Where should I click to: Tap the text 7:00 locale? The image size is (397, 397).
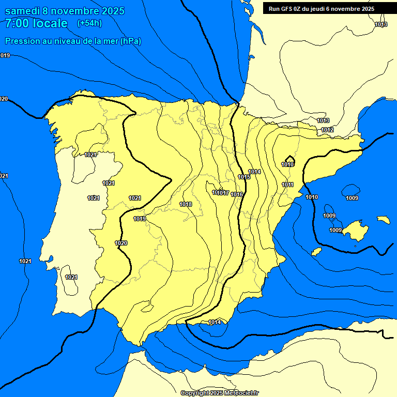36,23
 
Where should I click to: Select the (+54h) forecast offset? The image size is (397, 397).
89,23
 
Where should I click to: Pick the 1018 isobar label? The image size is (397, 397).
186,204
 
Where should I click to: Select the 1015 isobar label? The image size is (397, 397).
244,177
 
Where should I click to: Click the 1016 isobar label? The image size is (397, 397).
237,194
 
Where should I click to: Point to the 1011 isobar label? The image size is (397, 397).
288,185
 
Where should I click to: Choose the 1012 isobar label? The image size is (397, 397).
327,130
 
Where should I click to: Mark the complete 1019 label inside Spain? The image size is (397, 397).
140,219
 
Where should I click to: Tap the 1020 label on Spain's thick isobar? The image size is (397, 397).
121,243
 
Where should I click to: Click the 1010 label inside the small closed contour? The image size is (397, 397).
287,164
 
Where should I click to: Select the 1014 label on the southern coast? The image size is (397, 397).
215,322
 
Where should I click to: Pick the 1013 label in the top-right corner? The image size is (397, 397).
381,24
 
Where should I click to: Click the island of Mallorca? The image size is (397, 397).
356,230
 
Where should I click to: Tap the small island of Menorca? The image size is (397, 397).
383,220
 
